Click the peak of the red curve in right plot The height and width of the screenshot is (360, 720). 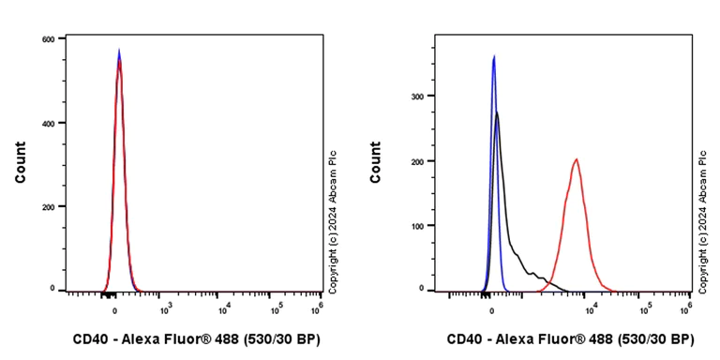click(x=576, y=159)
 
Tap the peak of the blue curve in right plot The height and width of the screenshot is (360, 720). click(x=493, y=56)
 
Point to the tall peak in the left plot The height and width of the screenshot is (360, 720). click(x=119, y=52)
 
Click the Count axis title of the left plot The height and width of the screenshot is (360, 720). click(x=21, y=162)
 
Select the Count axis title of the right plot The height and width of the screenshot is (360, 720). click(x=376, y=162)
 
